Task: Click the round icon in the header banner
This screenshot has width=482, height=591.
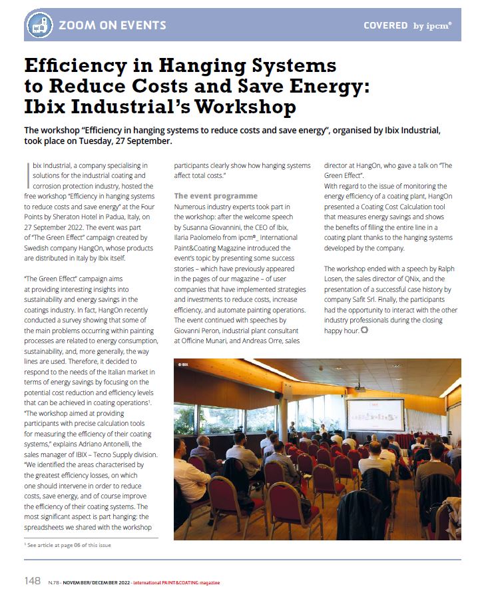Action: [x=39, y=26]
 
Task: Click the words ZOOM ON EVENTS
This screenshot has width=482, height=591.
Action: [x=113, y=26]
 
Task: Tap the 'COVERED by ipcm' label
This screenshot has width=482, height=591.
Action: [x=407, y=26]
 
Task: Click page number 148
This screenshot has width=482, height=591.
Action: [x=32, y=581]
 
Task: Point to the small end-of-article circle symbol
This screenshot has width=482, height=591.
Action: [x=364, y=330]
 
